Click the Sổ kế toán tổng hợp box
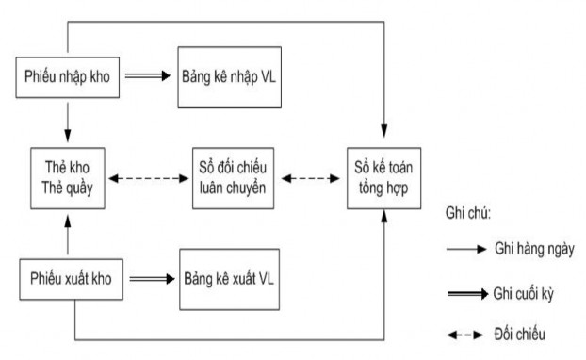click(384, 176)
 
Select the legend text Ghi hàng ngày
click(531, 249)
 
